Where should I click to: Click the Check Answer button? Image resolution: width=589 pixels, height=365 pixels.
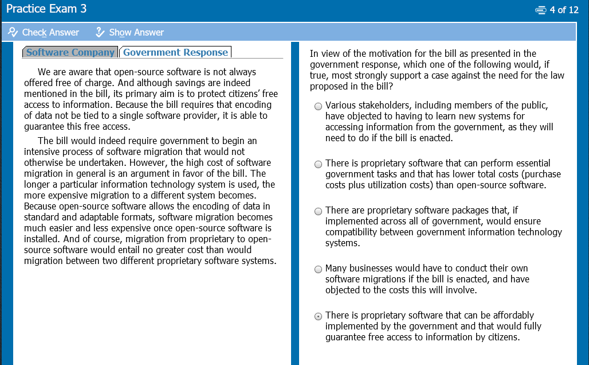tap(44, 32)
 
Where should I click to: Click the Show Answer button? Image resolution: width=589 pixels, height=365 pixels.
tap(130, 32)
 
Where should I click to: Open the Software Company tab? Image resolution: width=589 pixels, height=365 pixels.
tap(70, 52)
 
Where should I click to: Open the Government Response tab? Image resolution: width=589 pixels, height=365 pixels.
tap(175, 52)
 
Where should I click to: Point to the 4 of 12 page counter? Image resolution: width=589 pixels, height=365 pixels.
tap(564, 10)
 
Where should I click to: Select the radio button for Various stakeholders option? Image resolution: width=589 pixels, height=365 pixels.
tap(318, 106)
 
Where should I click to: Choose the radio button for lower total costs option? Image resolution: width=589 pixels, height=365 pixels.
tap(318, 164)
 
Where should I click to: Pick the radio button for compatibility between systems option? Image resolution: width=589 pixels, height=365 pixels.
tap(318, 211)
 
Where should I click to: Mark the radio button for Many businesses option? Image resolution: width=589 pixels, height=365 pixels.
tap(318, 269)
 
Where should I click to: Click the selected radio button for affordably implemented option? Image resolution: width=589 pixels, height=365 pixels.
tap(318, 316)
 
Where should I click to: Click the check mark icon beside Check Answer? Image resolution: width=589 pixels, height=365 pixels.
tap(13, 32)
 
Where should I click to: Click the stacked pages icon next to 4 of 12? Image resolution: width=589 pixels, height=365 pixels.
tap(540, 10)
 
